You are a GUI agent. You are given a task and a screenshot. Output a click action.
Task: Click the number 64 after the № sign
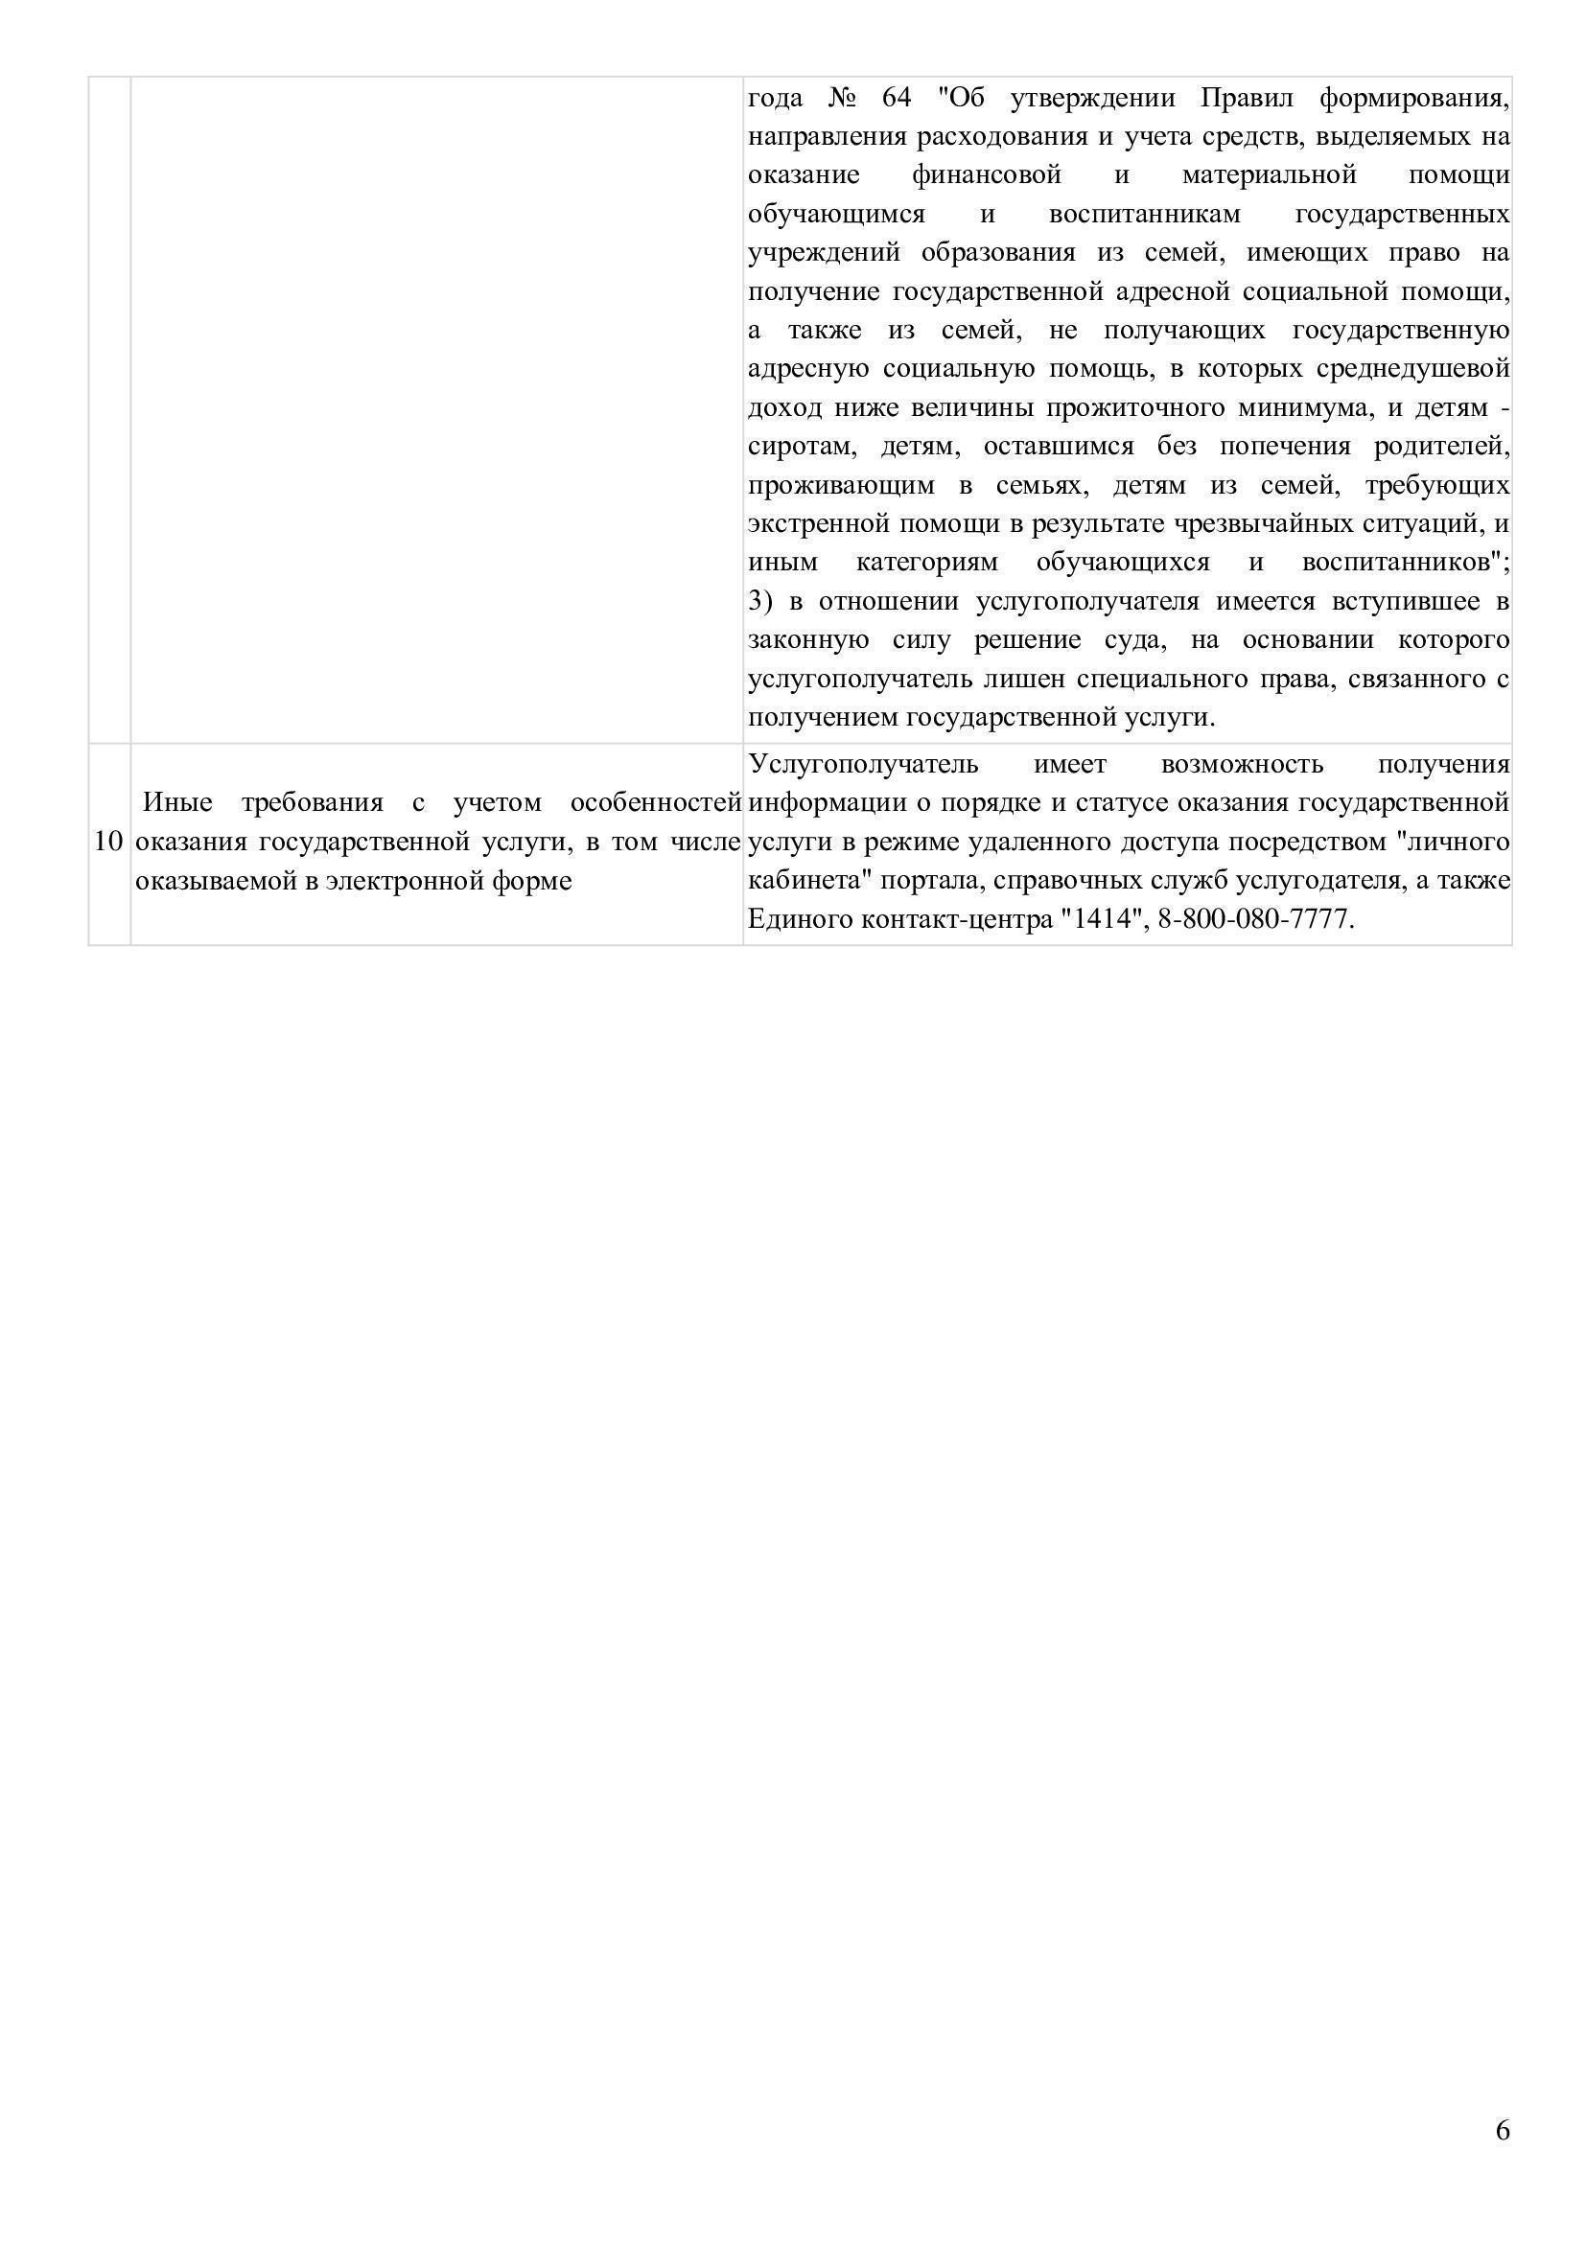(896, 98)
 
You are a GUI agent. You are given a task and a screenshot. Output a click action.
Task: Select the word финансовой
(987, 174)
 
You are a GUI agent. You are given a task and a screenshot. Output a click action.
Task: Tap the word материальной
(1270, 174)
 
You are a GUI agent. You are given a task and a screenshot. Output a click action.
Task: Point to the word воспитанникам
(1145, 214)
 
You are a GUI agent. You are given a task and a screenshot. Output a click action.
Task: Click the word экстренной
(818, 523)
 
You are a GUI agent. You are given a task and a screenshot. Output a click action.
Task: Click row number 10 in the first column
(108, 842)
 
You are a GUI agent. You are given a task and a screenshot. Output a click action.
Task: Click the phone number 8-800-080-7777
(1254, 920)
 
